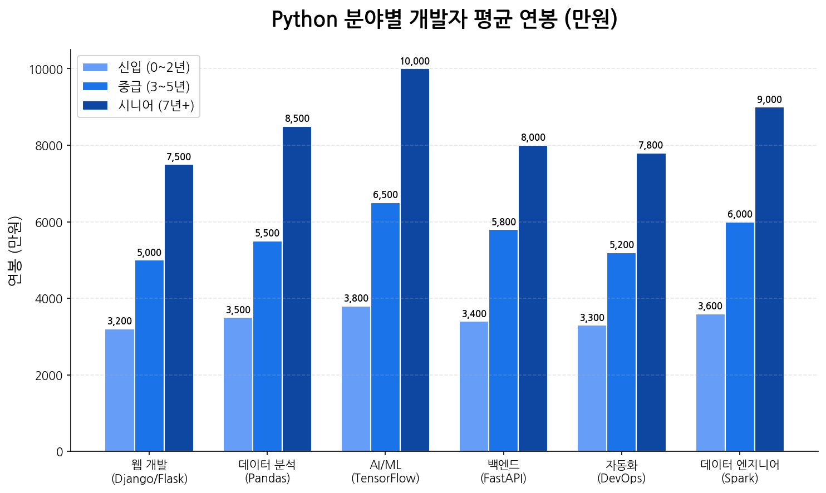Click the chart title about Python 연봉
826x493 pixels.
click(444, 19)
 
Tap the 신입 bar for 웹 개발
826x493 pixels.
click(120, 390)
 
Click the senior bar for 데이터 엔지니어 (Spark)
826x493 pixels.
click(769, 279)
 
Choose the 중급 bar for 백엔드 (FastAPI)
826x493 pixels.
click(503, 340)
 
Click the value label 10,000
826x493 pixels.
click(415, 61)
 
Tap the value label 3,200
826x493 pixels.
click(120, 321)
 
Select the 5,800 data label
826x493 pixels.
click(503, 222)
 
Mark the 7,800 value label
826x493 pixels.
click(651, 145)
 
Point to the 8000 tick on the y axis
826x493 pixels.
click(49, 146)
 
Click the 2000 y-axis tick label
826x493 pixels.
click(49, 376)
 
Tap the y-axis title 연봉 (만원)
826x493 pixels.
click(15, 250)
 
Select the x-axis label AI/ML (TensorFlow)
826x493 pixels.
click(385, 471)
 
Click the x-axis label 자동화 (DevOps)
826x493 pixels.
click(621, 471)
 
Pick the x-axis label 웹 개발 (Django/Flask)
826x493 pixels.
click(149, 471)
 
